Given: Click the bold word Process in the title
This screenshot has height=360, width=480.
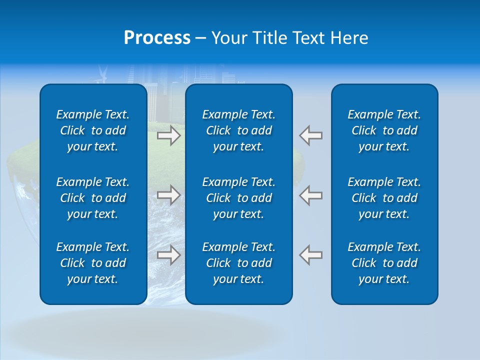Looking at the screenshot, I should [157, 38].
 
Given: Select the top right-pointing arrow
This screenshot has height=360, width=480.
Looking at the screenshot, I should [169, 135].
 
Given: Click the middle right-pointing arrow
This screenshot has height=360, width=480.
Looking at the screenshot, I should [169, 194].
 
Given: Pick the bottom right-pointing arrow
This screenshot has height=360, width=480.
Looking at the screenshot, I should [169, 254].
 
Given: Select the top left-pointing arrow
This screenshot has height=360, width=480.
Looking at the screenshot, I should [311, 135].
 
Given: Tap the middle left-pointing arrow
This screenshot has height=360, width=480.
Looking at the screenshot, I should [311, 194].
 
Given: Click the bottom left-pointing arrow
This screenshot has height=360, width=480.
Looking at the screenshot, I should [311, 254].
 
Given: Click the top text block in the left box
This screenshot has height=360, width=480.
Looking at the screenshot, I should [93, 130].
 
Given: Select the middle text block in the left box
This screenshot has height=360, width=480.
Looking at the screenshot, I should [93, 198].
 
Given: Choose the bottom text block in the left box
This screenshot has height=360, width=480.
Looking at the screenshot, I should [93, 263].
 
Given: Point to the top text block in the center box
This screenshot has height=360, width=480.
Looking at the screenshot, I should [238, 130].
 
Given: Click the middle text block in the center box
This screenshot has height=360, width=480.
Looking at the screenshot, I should [238, 198].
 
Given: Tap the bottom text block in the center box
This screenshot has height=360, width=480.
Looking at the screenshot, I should [238, 263].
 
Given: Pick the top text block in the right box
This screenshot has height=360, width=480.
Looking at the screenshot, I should [384, 130].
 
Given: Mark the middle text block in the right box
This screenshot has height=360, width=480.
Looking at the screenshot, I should [384, 198].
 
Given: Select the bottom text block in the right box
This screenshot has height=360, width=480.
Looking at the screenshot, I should [384, 263].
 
